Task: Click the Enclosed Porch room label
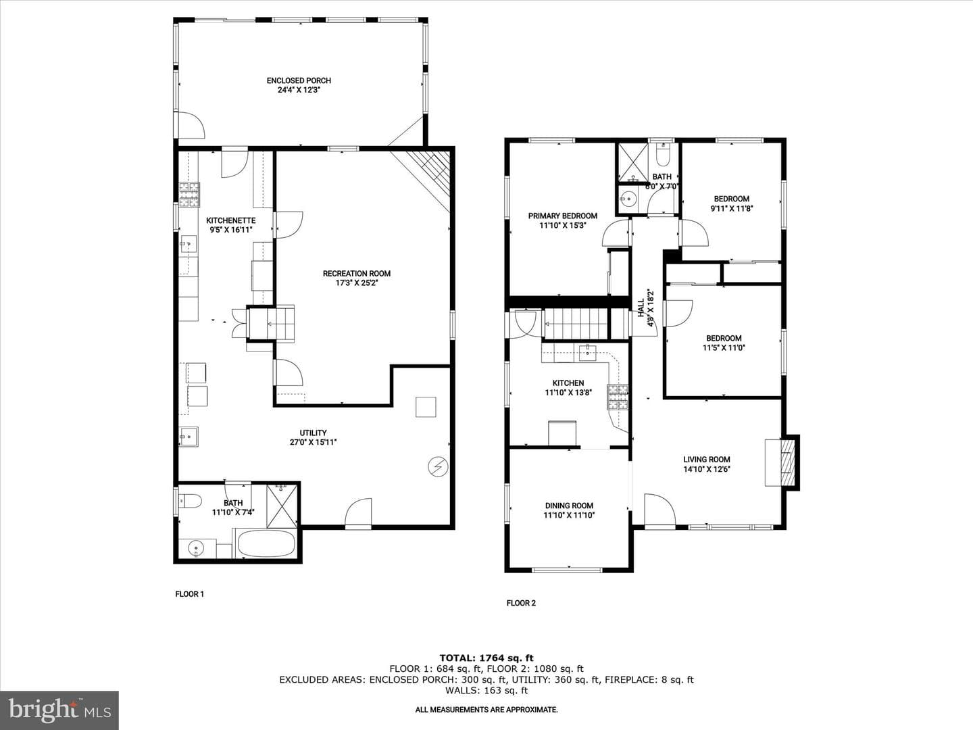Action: click(x=299, y=80)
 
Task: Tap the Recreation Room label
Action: click(x=356, y=274)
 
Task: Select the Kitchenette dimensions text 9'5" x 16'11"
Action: click(x=231, y=230)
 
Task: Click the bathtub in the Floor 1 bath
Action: click(x=266, y=543)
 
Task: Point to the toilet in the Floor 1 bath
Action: click(x=190, y=501)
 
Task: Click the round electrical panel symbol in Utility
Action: click(x=438, y=466)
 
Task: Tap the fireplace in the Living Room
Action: click(x=782, y=463)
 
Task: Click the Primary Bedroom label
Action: click(x=563, y=216)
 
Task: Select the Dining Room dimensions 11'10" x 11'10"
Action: click(x=569, y=515)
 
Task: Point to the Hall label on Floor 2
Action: click(x=641, y=308)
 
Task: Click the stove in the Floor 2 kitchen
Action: click(x=618, y=396)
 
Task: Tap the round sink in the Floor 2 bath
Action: click(x=627, y=199)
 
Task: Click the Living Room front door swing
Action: click(x=660, y=510)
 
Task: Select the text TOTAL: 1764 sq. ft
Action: click(x=487, y=658)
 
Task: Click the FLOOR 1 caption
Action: click(x=190, y=594)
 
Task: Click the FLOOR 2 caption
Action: click(x=521, y=603)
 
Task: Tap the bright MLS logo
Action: click(x=59, y=710)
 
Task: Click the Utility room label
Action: click(x=313, y=433)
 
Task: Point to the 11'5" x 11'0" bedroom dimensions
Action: click(x=724, y=348)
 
